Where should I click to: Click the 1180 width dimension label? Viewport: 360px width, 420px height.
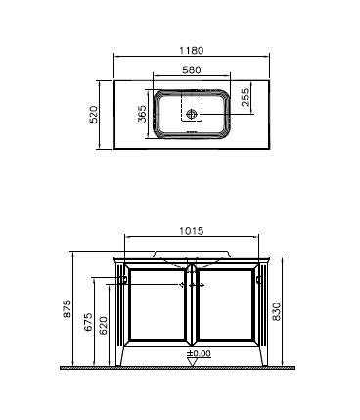(x=192, y=51)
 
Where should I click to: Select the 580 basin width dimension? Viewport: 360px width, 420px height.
(x=192, y=70)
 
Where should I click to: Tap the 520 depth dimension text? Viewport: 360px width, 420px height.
(x=94, y=115)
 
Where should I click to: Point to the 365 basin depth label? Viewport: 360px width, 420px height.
(x=142, y=114)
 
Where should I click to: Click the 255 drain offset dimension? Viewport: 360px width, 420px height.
(x=246, y=97)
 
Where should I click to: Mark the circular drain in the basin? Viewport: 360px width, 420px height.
(x=191, y=115)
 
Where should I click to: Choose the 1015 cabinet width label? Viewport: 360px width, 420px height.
(x=192, y=231)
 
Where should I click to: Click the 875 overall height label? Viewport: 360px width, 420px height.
(x=67, y=308)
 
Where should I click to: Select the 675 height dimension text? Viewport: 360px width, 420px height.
(x=88, y=322)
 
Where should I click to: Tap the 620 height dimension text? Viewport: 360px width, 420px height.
(x=104, y=326)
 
